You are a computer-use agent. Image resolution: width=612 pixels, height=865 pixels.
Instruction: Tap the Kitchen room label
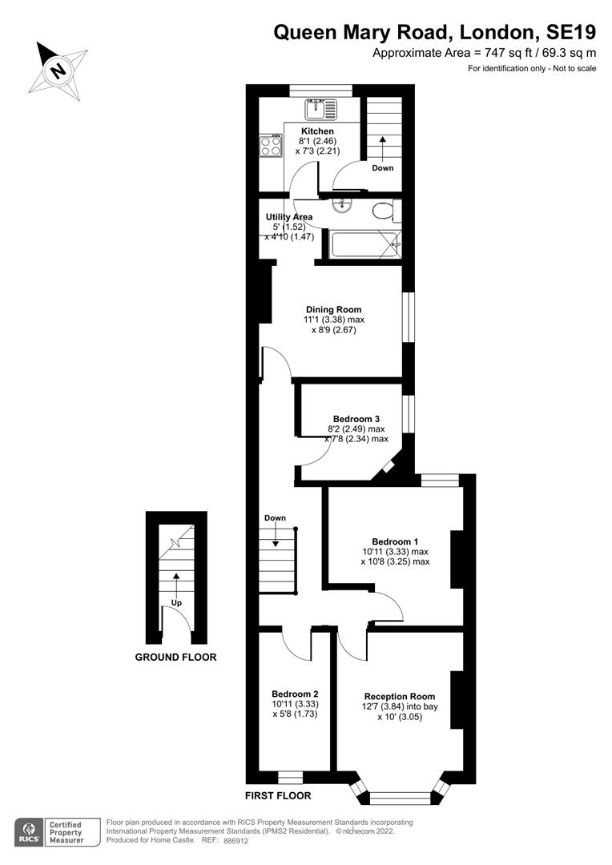pos(317,131)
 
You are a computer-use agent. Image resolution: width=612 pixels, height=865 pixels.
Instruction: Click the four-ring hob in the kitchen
pos(270,145)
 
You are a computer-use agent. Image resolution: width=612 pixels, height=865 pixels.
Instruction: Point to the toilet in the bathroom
pos(385,211)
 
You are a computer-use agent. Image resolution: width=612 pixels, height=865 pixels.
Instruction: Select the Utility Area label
pos(289,217)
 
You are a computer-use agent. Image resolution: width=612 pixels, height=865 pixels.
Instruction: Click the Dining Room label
pos(333,309)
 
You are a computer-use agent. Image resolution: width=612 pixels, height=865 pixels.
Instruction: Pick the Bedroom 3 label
pos(356,419)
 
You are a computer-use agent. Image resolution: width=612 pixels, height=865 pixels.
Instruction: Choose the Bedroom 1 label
pos(395,541)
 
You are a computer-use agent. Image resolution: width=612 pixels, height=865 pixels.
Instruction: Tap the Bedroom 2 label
pos(295,694)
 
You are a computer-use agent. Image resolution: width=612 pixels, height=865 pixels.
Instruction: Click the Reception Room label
pos(400,696)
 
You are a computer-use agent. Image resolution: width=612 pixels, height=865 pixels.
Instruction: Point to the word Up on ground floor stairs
pos(174,602)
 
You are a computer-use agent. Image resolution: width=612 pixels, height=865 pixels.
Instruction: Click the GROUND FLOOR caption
pos(175,658)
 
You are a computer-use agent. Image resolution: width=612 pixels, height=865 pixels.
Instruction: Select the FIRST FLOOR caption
pos(278,796)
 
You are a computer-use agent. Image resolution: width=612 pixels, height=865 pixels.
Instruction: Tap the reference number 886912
pos(236,841)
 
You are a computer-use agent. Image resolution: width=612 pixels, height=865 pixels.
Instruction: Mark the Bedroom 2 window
pos(290,777)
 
